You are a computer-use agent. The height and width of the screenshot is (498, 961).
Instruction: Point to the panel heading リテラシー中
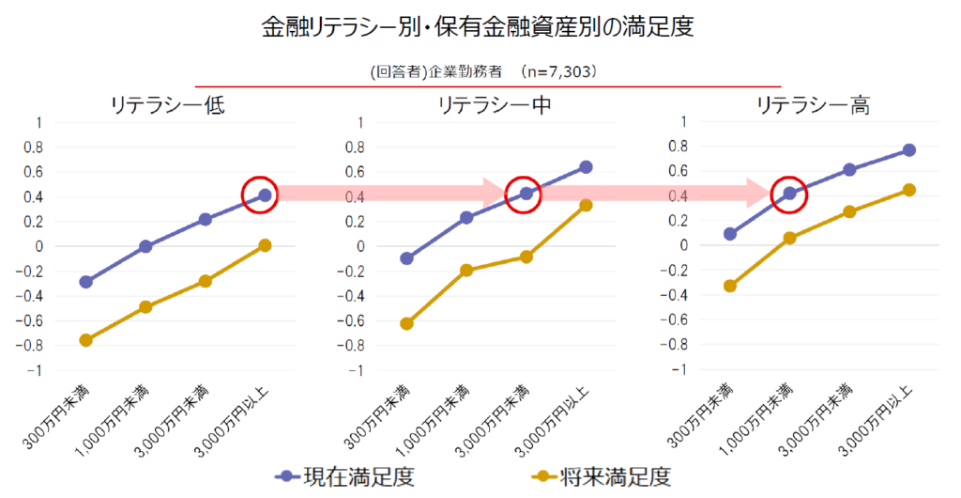tap(495, 104)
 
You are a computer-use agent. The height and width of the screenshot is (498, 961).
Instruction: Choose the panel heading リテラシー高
tap(813, 104)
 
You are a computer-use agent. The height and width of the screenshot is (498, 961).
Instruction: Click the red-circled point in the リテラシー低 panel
tap(265, 195)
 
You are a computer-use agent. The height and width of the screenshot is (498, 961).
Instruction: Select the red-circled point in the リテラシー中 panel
tap(526, 194)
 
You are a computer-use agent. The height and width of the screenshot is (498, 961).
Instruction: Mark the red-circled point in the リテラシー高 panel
tap(789, 194)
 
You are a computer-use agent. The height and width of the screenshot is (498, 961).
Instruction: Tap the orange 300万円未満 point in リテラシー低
tap(85, 340)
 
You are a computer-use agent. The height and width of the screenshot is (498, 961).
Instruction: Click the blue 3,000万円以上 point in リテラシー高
tap(908, 150)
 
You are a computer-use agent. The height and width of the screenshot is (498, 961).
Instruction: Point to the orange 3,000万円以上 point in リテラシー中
tap(586, 205)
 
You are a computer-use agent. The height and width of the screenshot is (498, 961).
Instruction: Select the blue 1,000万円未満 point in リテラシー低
tap(145, 246)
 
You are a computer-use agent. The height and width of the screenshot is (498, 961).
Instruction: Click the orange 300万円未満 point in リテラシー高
tap(729, 286)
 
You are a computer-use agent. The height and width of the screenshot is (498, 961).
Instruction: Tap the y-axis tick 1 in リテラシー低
tap(38, 122)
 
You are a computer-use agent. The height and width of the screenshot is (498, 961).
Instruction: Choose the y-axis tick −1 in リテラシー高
tap(682, 369)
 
